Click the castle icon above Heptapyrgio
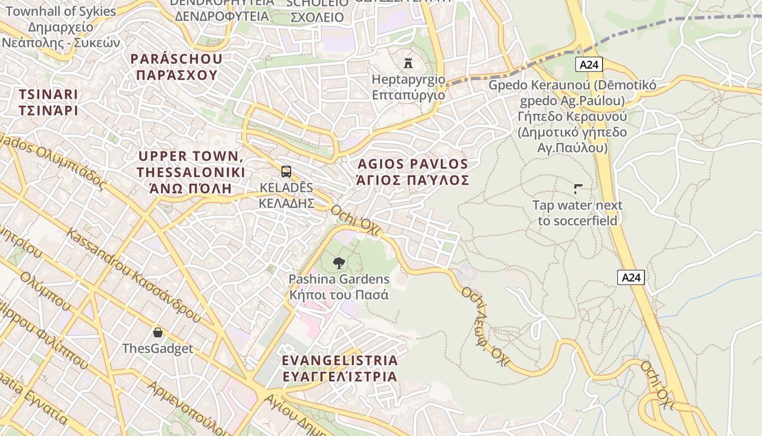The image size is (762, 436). point(408,63)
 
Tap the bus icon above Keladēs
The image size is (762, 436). point(286,172)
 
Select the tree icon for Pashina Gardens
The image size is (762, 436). point(339,263)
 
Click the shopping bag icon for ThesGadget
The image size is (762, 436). point(158,332)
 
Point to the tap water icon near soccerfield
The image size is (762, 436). point(577,189)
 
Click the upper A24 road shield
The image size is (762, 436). point(589,65)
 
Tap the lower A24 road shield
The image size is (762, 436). point(631,277)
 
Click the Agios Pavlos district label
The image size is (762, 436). point(413,172)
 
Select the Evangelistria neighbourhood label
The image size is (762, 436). point(340,368)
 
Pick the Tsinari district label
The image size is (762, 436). point(48,102)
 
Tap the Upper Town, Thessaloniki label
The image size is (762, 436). point(190,172)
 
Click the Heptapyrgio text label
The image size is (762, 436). point(408,87)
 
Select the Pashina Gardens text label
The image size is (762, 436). point(339,287)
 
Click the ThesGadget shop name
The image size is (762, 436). point(158,349)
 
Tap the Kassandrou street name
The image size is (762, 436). point(133,275)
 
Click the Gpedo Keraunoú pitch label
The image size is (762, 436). point(572,117)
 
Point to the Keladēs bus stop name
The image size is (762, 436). point(286,195)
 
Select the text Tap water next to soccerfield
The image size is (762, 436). point(577,213)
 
